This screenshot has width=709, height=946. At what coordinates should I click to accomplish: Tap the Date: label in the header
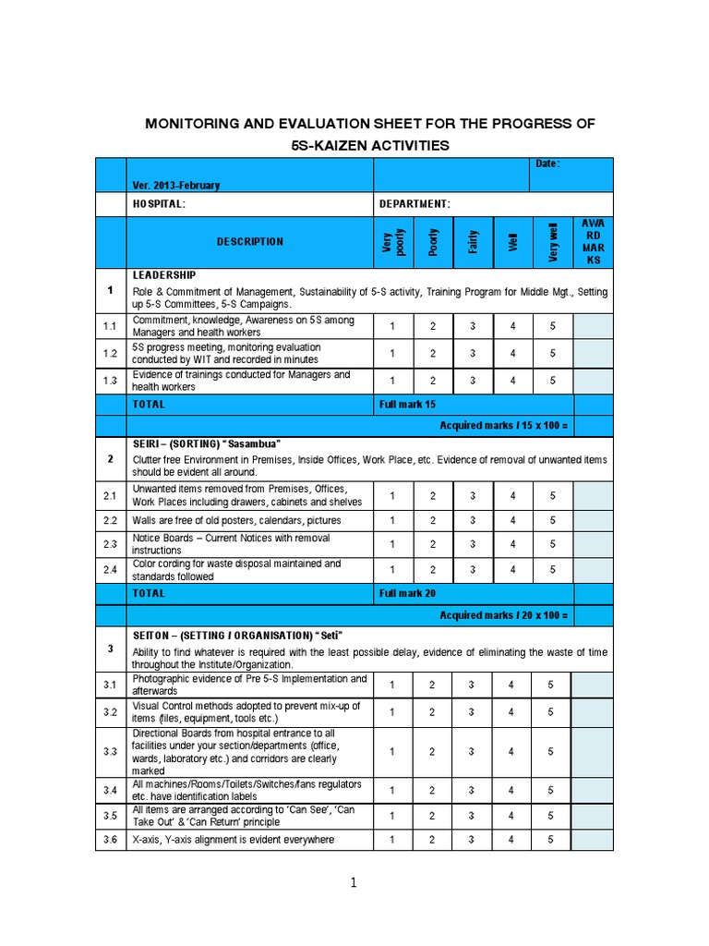click(547, 164)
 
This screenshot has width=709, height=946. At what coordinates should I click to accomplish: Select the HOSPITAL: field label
click(159, 204)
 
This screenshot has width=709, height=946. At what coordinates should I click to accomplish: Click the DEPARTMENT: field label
click(415, 204)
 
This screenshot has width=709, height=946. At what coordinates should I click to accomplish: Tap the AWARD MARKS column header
click(592, 242)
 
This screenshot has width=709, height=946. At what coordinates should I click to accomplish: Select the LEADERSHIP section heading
click(163, 275)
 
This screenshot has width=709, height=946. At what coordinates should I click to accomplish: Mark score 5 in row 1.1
click(552, 327)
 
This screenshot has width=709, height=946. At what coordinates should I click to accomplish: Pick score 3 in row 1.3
click(472, 381)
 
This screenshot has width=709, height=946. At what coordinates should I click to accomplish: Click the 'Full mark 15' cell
click(407, 405)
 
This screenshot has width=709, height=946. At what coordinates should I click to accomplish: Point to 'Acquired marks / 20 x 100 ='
click(503, 615)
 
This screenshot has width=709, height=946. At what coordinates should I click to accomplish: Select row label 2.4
click(110, 570)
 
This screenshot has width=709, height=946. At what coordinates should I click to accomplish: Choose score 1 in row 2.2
click(392, 521)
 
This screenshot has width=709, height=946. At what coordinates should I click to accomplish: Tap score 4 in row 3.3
click(511, 752)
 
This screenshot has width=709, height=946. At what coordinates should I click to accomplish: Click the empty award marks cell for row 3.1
click(592, 685)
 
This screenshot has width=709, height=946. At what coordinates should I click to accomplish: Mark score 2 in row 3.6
click(432, 840)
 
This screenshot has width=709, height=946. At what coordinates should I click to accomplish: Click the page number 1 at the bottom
click(354, 884)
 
